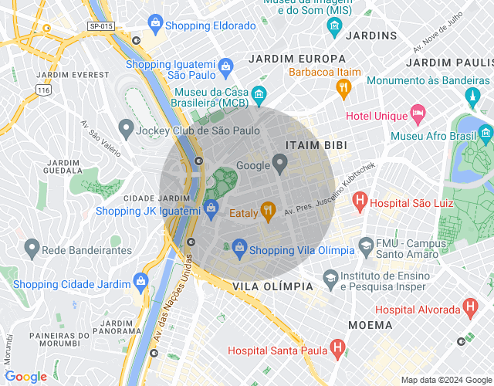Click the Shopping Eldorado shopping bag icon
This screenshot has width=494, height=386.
pos(156,23)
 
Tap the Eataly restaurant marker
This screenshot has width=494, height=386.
pos(268,208)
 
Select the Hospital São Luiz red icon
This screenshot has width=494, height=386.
pos(359,202)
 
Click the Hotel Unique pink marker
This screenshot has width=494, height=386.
pos(418,115)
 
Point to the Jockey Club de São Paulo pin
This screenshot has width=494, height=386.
pos(124,129)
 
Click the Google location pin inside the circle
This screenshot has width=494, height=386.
pos(280,163)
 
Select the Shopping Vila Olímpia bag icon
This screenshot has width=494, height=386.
pos(239,248)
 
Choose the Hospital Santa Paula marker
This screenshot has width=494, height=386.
pos(337,349)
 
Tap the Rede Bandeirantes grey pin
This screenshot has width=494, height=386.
pos(32,248)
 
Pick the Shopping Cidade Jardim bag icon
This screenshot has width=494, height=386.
pos(140,281)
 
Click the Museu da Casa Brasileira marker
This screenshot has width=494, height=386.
pos(259,95)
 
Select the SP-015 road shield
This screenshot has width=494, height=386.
pos(101,26)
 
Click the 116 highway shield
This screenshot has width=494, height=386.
pos(42,90)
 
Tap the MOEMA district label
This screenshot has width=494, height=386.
pos(370,325)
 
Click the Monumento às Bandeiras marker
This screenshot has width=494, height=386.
pos(472,96)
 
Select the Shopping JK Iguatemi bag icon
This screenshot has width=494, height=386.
pos(211,208)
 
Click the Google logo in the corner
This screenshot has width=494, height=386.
pos(25,376)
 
